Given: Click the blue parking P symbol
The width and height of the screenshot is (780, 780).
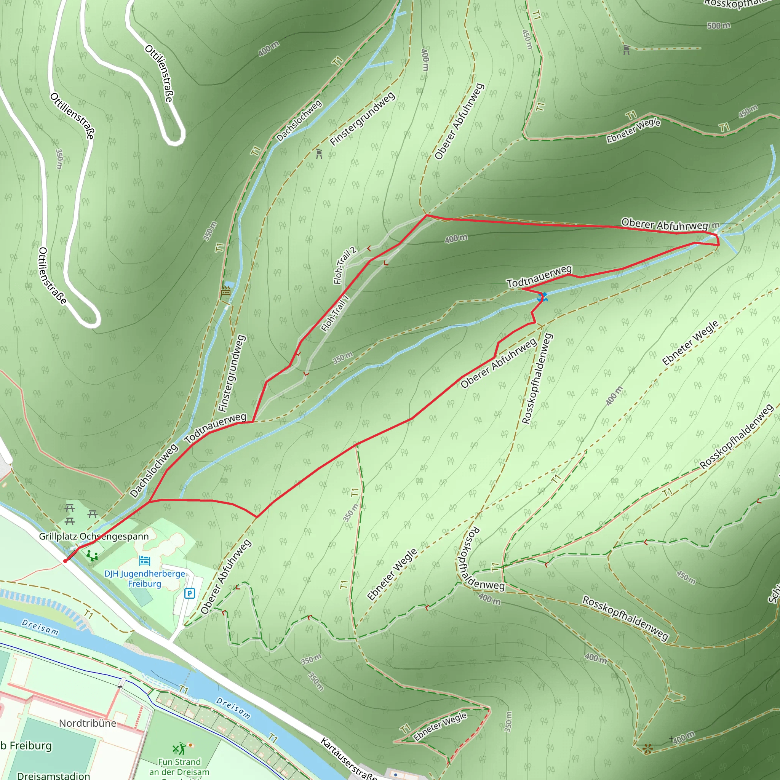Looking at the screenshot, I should point(189,593).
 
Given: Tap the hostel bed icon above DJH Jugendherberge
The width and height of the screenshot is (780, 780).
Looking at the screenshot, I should point(144,560).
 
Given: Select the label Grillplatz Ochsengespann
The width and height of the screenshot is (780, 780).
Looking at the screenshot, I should point(94,536).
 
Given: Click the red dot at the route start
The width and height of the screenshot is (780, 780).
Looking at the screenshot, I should point(66,561).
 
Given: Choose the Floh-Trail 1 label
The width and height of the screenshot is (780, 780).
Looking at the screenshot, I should point(335,313).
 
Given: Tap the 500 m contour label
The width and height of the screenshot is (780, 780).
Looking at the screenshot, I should point(719,26).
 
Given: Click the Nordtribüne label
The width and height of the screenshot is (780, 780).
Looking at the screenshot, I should point(88,723).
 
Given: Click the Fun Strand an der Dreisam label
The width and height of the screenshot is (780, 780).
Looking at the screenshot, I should point(179,767).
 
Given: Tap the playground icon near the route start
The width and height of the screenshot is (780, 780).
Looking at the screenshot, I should point(92,556).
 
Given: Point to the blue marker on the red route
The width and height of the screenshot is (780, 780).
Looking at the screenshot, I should point(542,297).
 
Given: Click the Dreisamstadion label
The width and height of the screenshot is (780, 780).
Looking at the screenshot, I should point(53,775).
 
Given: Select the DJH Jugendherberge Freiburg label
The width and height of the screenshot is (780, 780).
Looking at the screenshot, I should point(144,579).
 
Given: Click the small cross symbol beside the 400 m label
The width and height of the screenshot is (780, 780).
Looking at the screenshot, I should point(671,738).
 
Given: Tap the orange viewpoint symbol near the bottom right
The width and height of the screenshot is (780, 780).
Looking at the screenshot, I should point(647,749).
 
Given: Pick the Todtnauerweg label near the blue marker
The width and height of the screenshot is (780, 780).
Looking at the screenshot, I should point(539,276).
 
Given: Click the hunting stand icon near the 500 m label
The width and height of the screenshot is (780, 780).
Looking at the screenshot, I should point(626,50).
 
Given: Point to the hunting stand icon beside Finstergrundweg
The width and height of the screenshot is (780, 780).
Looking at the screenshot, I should point(319,154).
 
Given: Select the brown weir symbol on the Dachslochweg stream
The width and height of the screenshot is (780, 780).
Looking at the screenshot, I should point(226,291).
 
